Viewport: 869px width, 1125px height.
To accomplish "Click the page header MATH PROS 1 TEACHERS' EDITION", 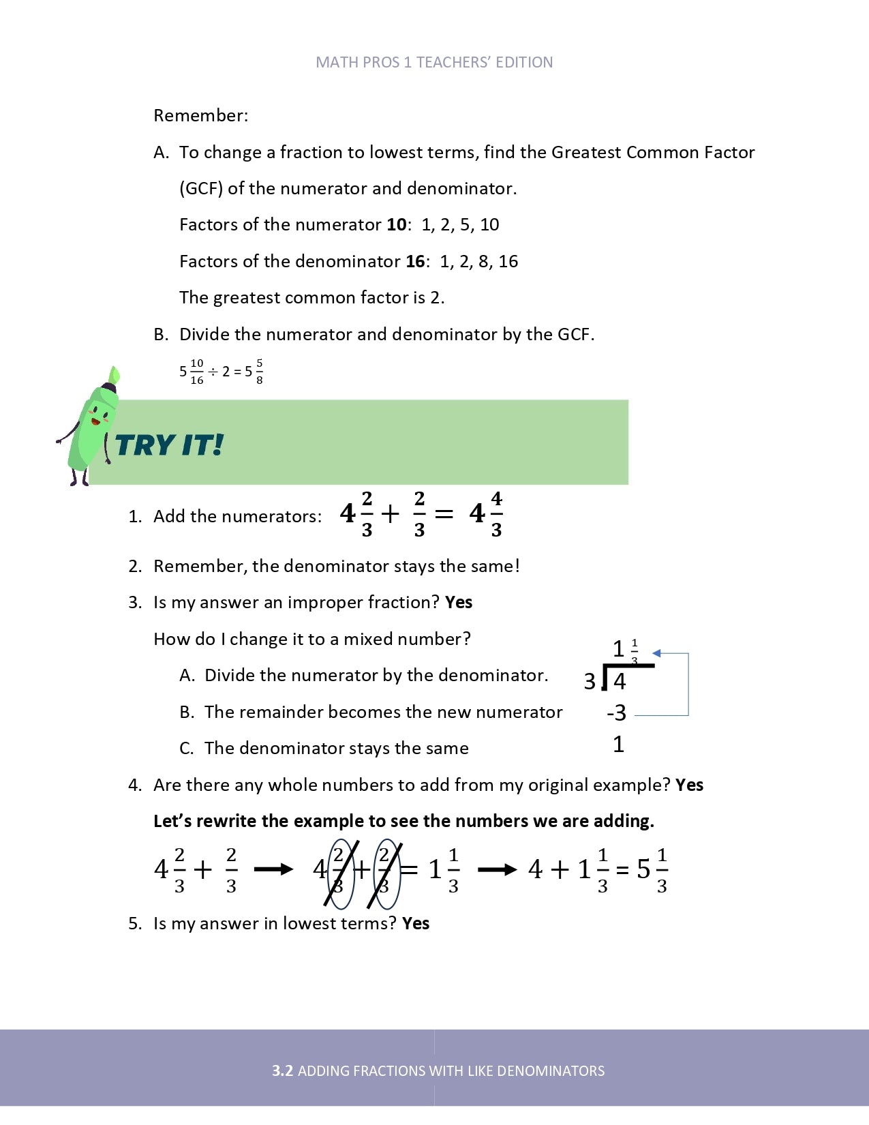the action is point(434,63).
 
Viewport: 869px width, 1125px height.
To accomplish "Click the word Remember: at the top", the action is point(200,115).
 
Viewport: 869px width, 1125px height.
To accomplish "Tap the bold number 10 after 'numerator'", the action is point(397,225).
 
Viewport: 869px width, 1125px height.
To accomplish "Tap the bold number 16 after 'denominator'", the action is point(415,262).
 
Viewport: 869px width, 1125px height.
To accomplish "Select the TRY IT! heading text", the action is point(169,445).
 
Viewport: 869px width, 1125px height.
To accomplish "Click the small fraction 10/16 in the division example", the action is point(196,372).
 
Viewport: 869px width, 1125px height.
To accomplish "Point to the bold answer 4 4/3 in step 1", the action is point(486,514).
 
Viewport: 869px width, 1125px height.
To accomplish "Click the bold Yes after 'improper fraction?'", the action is point(459,603).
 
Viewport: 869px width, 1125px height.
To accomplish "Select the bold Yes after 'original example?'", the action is point(689,785).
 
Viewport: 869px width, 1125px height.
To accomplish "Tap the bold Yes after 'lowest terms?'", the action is point(416,924).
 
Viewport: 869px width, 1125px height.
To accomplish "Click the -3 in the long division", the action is point(616,713).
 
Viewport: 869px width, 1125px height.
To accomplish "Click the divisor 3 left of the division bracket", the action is point(590,681).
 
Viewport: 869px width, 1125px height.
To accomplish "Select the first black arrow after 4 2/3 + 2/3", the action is point(273,869).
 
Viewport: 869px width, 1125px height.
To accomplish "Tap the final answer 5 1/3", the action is point(652,869).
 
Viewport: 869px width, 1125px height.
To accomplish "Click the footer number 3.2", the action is point(282,1071).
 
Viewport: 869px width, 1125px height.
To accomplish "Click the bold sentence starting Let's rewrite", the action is point(403,822).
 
